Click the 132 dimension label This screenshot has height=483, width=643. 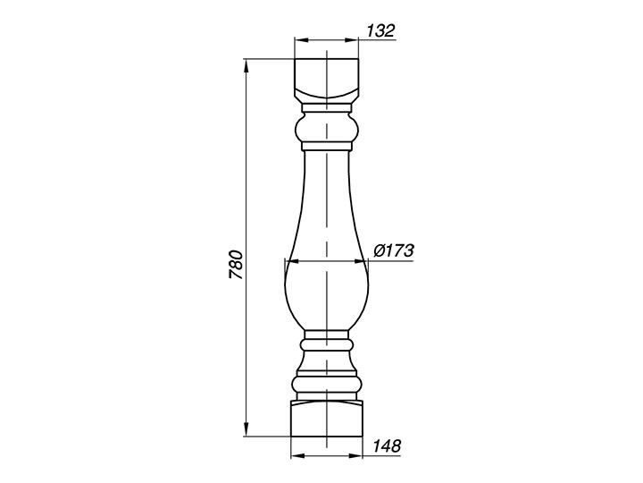380,30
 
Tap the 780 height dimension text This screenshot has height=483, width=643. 237,264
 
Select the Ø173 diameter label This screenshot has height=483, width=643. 394,250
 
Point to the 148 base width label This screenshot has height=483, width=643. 387,445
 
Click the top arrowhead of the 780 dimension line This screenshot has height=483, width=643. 246,65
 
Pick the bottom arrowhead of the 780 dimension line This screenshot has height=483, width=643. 246,430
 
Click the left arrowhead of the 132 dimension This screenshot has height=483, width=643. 301,40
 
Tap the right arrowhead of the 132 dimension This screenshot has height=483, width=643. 352,40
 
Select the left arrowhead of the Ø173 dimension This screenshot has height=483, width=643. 291,261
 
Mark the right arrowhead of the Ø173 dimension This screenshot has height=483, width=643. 362,261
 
